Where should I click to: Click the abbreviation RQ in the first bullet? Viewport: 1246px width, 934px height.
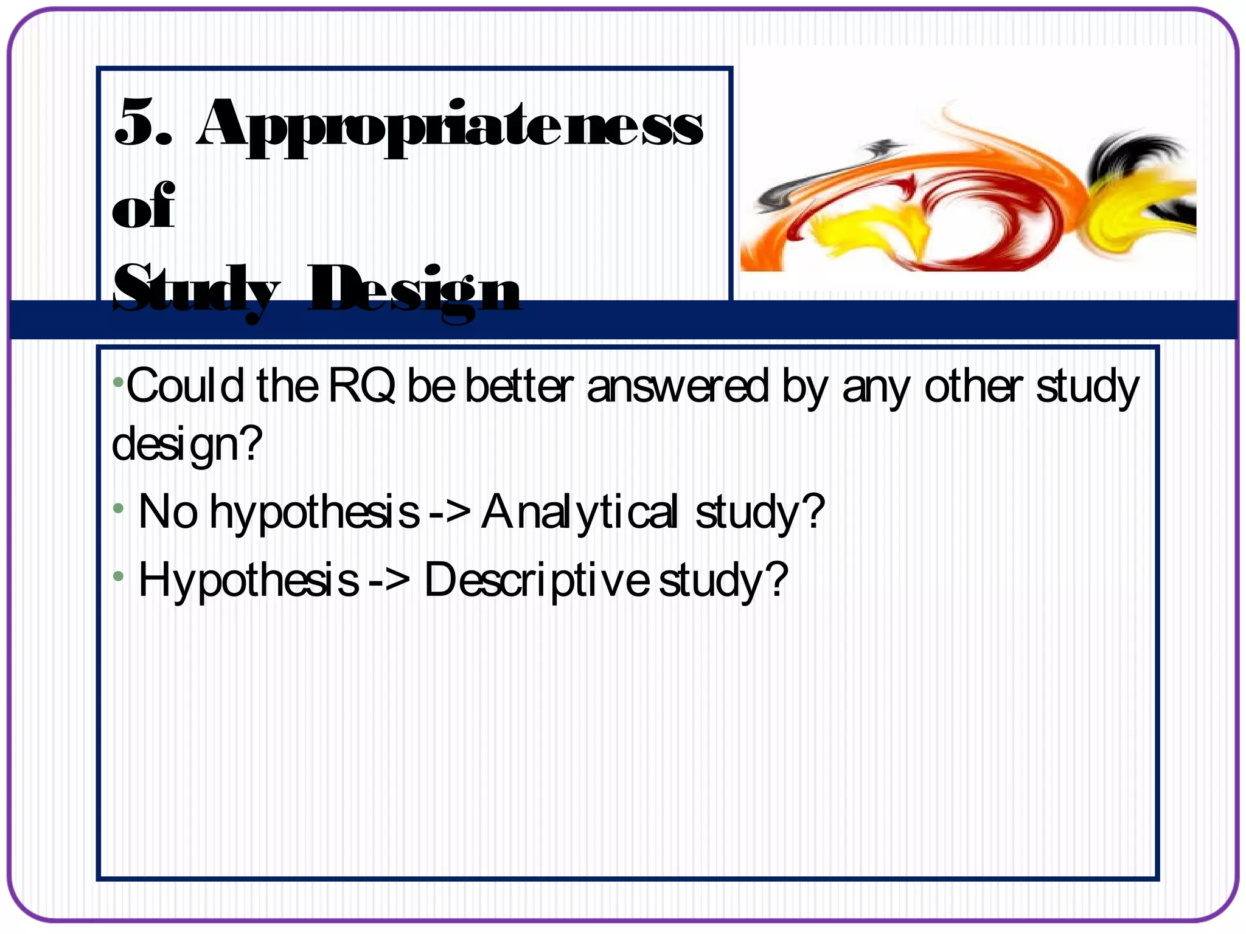click(x=362, y=386)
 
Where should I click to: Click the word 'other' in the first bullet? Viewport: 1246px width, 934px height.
click(x=973, y=386)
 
